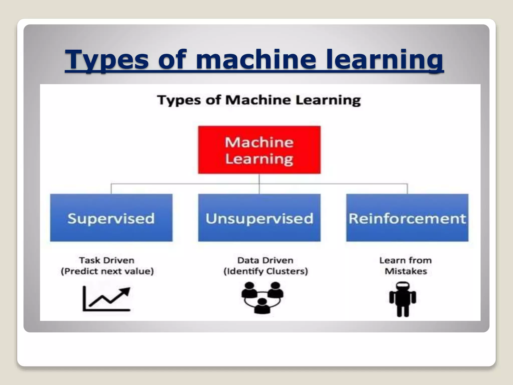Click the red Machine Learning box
click(x=259, y=150)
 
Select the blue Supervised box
click(x=111, y=218)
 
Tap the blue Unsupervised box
click(x=259, y=218)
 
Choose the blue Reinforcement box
click(x=407, y=218)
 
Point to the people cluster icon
click(x=262, y=297)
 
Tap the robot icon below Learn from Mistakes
click(x=403, y=299)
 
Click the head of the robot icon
click(x=403, y=286)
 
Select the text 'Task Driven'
click(x=107, y=260)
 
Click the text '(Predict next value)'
click(x=107, y=271)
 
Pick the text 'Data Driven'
click(x=265, y=260)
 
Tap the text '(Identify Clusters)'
click(x=266, y=271)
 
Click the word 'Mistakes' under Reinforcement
click(x=406, y=271)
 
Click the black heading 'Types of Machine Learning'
click(x=259, y=100)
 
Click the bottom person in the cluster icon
click(x=262, y=306)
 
